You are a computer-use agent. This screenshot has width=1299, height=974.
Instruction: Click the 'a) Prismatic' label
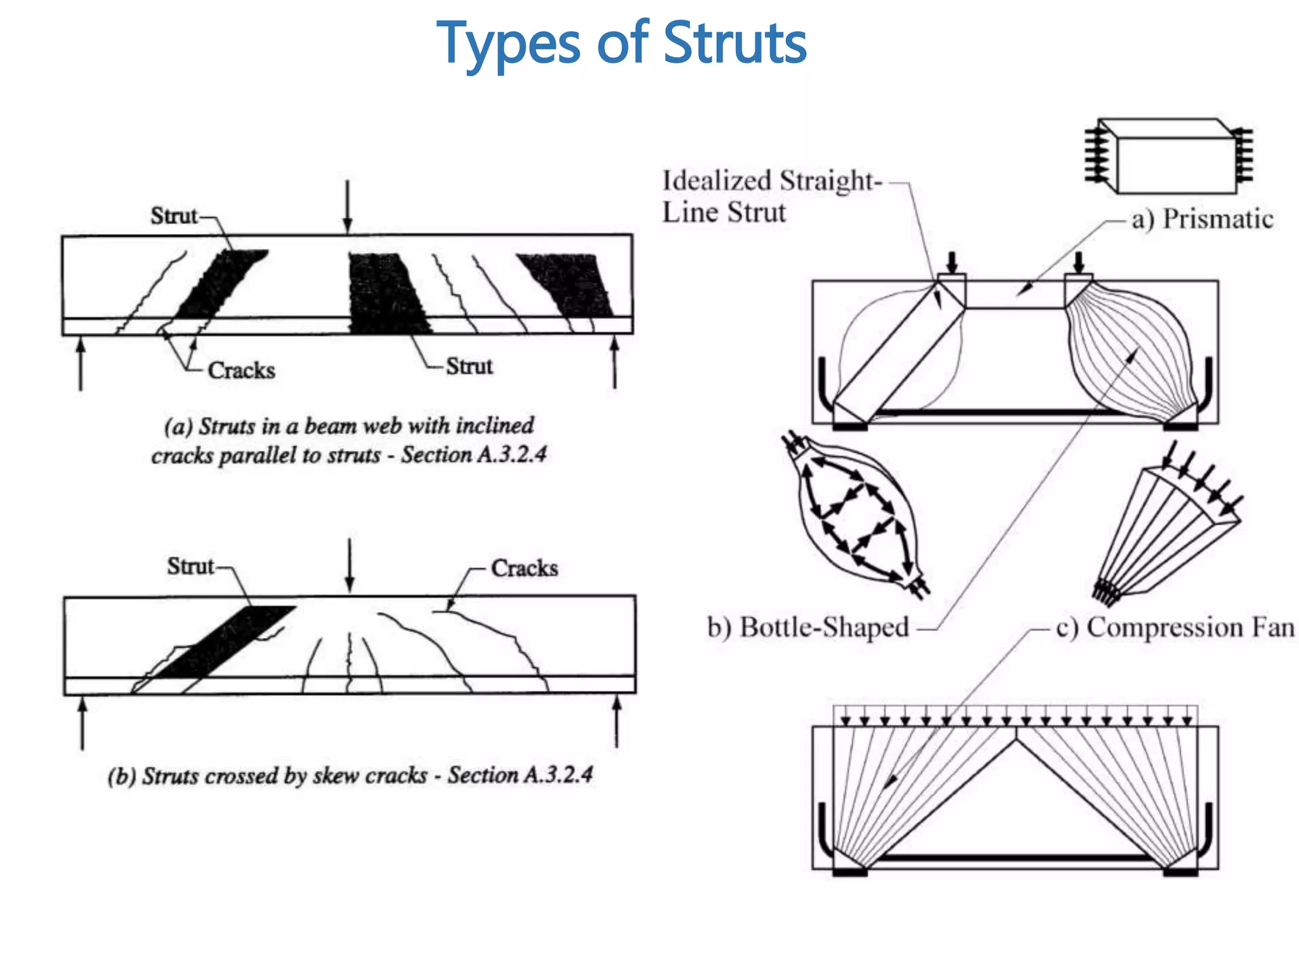click(1202, 219)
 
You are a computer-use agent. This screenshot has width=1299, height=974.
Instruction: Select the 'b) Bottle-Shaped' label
click(808, 627)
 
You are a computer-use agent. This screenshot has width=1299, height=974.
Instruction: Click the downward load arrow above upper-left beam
click(347, 207)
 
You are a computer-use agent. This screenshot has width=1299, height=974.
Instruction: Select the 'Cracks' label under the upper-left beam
click(241, 370)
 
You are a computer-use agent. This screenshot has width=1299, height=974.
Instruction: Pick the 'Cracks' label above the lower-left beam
click(525, 568)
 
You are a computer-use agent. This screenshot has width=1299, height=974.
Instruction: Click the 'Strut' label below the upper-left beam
click(469, 367)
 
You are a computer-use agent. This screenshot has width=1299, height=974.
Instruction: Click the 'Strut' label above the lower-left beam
click(190, 566)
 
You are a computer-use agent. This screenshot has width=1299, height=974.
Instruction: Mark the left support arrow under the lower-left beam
click(82, 723)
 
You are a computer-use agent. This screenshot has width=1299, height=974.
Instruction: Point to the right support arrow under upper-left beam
click(614, 363)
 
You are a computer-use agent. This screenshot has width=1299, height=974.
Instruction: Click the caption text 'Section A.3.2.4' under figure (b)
click(520, 775)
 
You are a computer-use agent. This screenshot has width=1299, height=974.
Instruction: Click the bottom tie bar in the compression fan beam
click(1015, 857)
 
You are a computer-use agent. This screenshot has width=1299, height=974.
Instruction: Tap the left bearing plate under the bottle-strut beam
click(850, 427)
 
